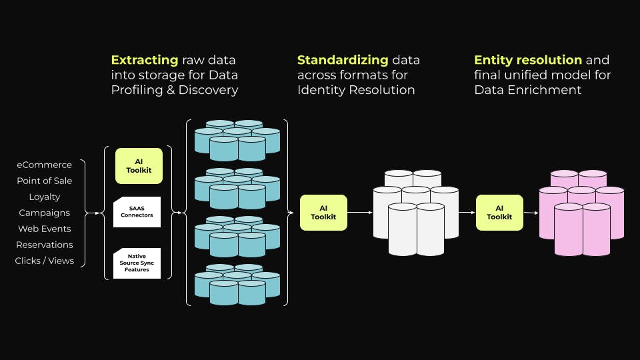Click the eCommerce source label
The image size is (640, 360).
pyautogui.click(x=44, y=165)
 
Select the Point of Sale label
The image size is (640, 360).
pyautogui.click(x=44, y=181)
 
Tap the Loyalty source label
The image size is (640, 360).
pyautogui.click(x=44, y=197)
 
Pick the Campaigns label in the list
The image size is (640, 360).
pyautogui.click(x=44, y=213)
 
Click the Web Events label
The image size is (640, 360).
pyautogui.click(x=44, y=229)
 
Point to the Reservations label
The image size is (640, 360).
pyautogui.click(x=44, y=245)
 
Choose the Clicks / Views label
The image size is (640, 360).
pyautogui.click(x=44, y=261)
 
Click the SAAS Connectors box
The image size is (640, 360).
pyautogui.click(x=137, y=212)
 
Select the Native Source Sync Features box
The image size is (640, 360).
pyautogui.click(x=137, y=263)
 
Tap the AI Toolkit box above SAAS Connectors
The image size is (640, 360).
pyautogui.click(x=139, y=166)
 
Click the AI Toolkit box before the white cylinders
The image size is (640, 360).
pyautogui.click(x=323, y=213)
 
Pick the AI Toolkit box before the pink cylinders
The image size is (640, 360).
pyautogui.click(x=499, y=213)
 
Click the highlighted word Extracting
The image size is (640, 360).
pyautogui.click(x=145, y=60)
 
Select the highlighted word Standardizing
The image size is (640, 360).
pyautogui.click(x=343, y=60)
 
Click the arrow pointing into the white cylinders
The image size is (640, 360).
pyautogui.click(x=360, y=213)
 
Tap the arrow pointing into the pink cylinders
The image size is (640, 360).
pyautogui.click(x=531, y=213)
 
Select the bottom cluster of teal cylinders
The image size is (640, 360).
pyautogui.click(x=237, y=285)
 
